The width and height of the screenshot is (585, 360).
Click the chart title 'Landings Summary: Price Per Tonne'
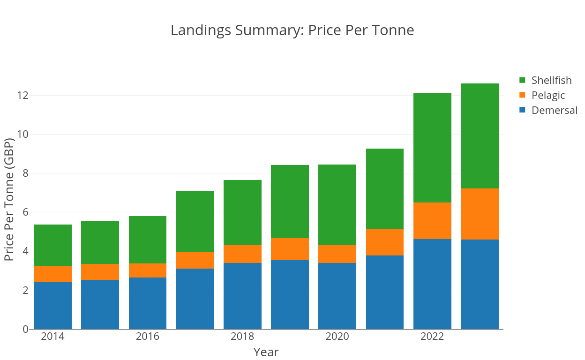point(292,30)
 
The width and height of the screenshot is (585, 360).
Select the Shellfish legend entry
point(551,80)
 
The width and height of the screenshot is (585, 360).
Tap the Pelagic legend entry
point(548,95)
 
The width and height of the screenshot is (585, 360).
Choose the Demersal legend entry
point(554,110)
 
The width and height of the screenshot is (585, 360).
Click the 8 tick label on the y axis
point(25,173)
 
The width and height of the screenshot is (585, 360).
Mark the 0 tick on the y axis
point(25,329)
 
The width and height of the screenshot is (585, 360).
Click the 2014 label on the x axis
point(52,337)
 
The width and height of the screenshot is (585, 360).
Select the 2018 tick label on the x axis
point(242,337)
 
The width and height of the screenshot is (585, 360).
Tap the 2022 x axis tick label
point(432,337)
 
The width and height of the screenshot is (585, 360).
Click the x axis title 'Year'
point(266,352)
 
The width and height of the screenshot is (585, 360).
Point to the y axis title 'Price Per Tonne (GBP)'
point(9,200)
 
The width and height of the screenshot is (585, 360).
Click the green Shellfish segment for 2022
point(432,148)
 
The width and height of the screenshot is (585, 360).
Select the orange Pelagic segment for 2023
point(480,214)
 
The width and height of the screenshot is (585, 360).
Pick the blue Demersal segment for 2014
point(52,305)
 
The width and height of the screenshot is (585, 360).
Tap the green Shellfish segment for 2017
point(195,221)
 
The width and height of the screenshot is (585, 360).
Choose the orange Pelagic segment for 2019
point(290,249)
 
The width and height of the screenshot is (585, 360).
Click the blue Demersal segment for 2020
point(337,296)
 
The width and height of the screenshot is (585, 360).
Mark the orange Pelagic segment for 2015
point(100,272)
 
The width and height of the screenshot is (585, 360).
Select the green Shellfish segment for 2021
point(384,189)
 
